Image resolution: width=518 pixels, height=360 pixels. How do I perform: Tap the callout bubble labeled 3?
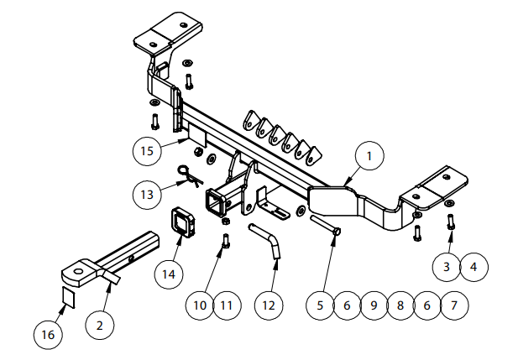[447, 267]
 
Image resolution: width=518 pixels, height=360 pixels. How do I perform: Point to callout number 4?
[474, 267]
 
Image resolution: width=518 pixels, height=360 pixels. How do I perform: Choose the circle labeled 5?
[320, 305]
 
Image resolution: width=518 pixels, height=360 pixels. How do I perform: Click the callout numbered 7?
[453, 305]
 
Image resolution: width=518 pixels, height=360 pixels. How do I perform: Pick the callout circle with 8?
[400, 305]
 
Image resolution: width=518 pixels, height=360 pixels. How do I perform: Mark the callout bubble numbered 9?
[373, 305]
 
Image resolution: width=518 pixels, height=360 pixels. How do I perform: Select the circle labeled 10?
[200, 305]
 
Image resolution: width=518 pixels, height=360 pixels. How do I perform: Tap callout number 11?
[226, 305]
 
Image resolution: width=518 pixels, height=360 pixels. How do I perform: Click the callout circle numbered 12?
[268, 305]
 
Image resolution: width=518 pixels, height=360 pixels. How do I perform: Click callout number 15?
[148, 151]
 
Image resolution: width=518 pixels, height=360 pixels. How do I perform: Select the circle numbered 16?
[48, 335]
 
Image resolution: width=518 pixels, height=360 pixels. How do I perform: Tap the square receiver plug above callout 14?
[181, 222]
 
